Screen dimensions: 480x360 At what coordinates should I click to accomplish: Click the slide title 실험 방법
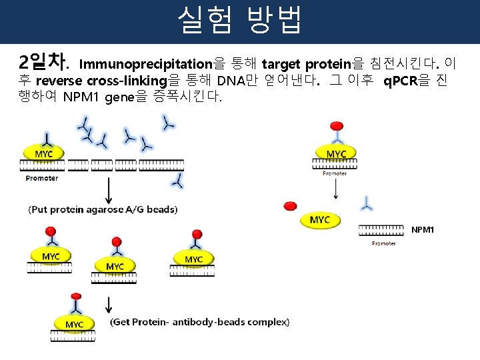[x=240, y=20]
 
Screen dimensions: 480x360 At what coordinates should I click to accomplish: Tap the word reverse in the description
[x=59, y=81]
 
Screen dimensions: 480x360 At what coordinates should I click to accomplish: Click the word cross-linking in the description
[x=127, y=81]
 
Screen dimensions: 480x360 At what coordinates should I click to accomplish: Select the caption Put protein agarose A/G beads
[x=103, y=209]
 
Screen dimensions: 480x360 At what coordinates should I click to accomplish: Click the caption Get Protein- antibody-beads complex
[x=200, y=323]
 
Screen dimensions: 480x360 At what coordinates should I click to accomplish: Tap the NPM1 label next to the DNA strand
[x=423, y=230]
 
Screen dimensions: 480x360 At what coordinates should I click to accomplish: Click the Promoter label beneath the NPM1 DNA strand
[x=384, y=243]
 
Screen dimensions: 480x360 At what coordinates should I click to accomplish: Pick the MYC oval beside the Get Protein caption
[x=74, y=325]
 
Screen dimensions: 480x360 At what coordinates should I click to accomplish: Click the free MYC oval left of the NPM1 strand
[x=320, y=220]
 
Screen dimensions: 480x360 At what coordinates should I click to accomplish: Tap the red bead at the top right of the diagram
[x=337, y=127]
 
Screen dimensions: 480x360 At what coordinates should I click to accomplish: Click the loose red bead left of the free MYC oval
[x=290, y=207]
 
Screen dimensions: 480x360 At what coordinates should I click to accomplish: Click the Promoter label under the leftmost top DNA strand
[x=42, y=178]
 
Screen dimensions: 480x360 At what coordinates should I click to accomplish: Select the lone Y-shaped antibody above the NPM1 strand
[x=366, y=201]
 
